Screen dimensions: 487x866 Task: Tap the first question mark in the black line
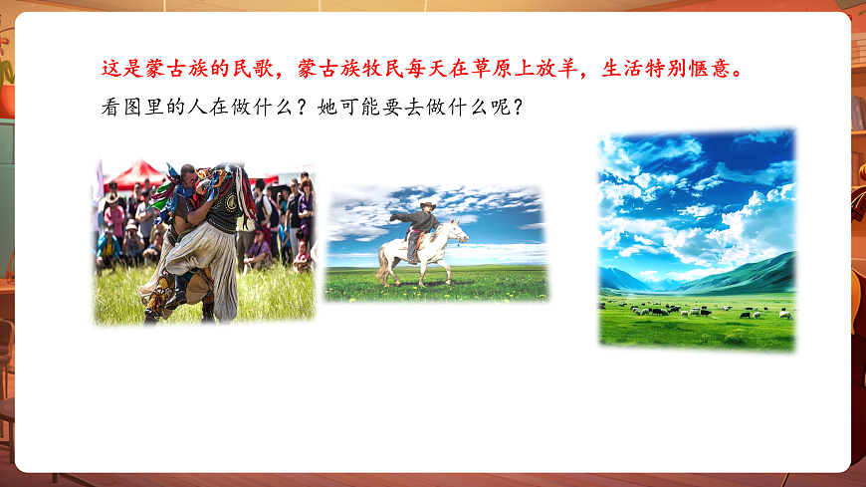pyautogui.click(x=297, y=107)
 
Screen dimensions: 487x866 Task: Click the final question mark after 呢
pyautogui.click(x=515, y=107)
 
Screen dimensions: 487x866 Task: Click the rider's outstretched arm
pyautogui.click(x=400, y=214)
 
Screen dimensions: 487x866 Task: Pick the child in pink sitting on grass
pyautogui.click(x=302, y=257)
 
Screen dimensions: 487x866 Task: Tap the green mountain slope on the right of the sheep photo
pyautogui.click(x=757, y=273)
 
